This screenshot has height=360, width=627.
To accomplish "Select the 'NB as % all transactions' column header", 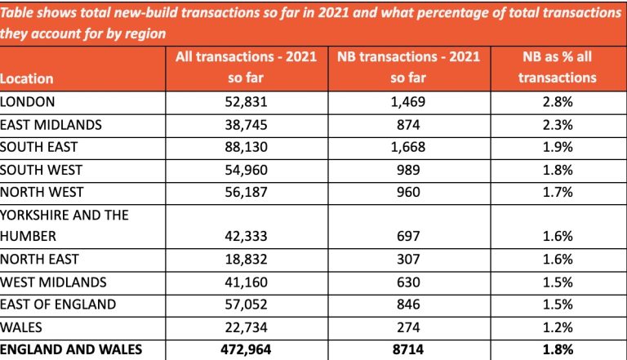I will click(x=559, y=69).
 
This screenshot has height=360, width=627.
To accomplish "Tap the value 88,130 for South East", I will click(x=247, y=147).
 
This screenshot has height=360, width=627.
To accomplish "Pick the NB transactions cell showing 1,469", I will click(x=409, y=101).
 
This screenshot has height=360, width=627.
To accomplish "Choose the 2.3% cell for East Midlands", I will click(x=559, y=124).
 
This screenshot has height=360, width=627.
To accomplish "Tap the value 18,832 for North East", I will click(x=247, y=259).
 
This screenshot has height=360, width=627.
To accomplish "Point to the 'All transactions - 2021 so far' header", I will click(x=247, y=69).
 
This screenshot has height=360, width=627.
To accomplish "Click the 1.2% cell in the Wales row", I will click(x=559, y=327).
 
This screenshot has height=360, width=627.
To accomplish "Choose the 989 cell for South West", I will click(x=409, y=170).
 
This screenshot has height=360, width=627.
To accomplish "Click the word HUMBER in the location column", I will click(x=28, y=236).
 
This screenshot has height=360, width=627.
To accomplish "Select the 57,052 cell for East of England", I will click(x=247, y=304).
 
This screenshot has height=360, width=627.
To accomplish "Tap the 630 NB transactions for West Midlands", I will click(x=409, y=282).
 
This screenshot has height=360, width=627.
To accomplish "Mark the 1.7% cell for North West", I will click(x=559, y=193).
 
